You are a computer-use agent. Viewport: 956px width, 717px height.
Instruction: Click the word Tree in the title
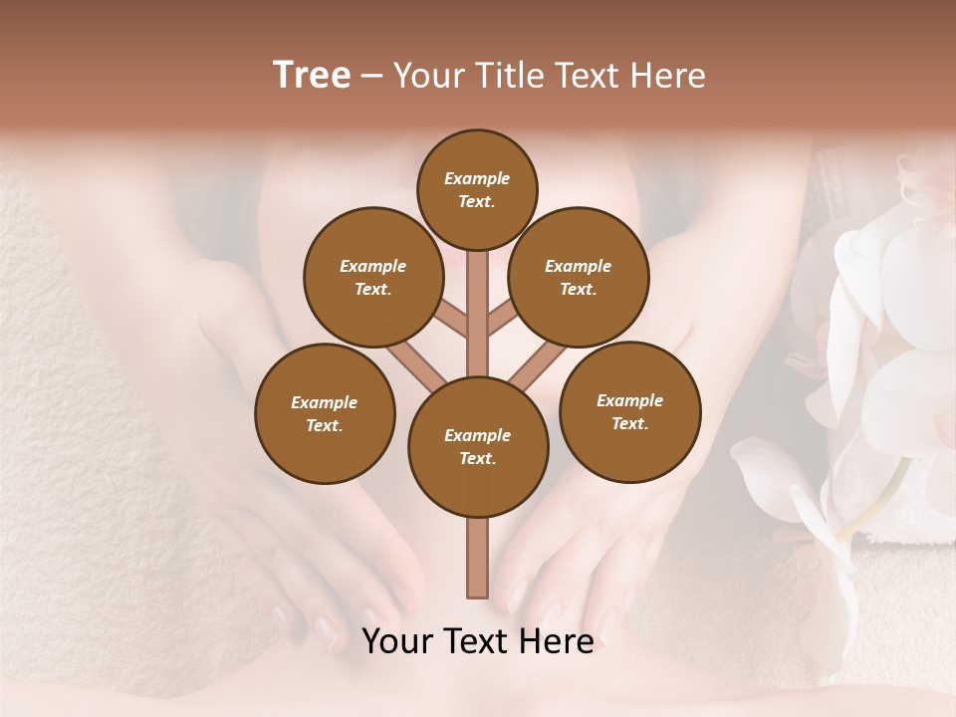pos(312,76)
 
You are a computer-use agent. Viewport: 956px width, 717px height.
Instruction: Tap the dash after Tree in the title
pos(371,77)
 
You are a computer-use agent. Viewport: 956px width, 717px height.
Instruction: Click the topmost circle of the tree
pos(477,189)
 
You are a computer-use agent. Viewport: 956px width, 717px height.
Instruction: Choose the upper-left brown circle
pos(372,277)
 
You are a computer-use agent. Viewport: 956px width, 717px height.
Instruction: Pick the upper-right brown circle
pos(578,277)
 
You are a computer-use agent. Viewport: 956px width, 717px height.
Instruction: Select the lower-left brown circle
pos(325,413)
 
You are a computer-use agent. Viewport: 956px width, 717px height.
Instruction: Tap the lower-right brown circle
pos(629,411)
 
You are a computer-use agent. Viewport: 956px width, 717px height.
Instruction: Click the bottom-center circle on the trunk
pos(478,446)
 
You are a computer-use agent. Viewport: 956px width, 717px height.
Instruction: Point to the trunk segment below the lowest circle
pos(478,558)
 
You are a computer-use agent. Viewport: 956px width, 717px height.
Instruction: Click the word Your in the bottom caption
pos(396,642)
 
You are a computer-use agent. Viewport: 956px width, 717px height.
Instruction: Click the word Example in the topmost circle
pos(477,178)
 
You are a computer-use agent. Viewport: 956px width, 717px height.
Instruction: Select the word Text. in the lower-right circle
pos(629,423)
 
